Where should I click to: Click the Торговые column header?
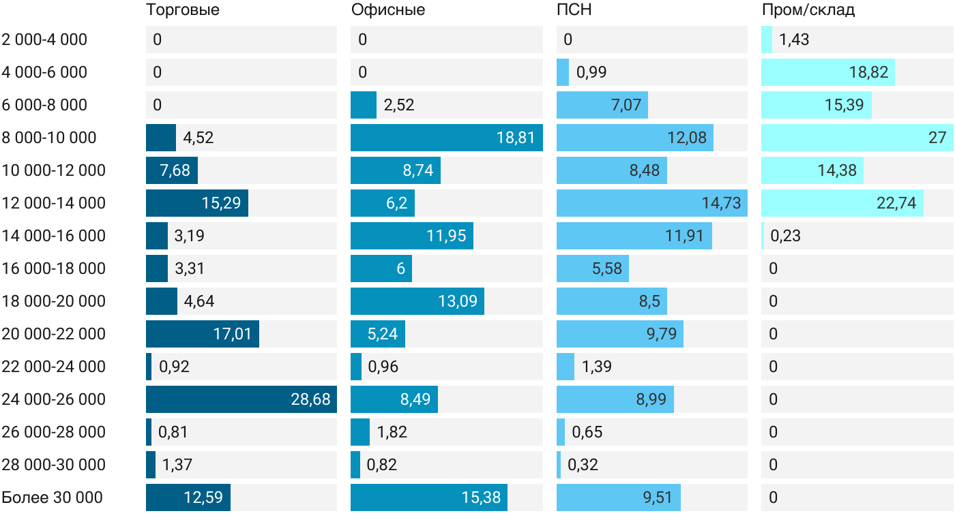click(183, 10)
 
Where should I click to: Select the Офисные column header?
click(388, 10)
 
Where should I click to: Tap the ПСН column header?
click(574, 10)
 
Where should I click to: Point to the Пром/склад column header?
click(808, 10)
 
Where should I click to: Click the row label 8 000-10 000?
click(49, 138)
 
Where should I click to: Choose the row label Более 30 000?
click(53, 497)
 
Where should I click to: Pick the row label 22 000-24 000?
click(54, 367)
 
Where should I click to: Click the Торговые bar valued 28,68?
click(241, 399)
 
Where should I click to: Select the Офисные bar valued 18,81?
click(446, 138)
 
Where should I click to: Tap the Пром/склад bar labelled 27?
click(857, 138)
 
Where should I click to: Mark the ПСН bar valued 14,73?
click(651, 203)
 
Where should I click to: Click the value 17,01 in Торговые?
click(233, 334)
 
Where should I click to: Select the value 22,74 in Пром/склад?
click(896, 203)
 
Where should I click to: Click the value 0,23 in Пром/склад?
click(785, 236)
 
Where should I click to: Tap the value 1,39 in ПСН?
click(596, 367)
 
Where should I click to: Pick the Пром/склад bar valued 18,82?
click(828, 72)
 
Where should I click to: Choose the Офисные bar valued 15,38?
click(429, 497)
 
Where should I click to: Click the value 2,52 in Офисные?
click(399, 105)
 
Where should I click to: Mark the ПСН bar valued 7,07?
click(602, 105)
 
